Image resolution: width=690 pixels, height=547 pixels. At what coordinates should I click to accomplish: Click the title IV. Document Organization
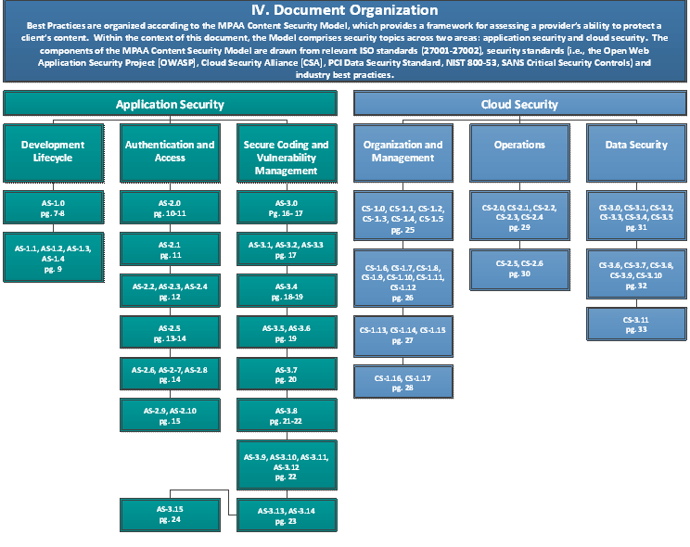pos(345,11)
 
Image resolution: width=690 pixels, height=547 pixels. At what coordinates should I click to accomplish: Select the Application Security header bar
pos(170,105)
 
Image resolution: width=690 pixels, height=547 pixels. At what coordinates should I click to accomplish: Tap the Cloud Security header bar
pos(519,105)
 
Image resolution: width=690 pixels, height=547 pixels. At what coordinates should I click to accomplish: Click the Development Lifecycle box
pos(53,150)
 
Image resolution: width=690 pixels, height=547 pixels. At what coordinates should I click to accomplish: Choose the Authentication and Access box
pos(170,150)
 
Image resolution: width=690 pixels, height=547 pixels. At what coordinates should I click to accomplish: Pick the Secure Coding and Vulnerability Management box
pos(286,157)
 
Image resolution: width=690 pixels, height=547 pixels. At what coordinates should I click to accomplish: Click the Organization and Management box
pos(402,150)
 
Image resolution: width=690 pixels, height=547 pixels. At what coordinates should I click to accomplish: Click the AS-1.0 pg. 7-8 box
pos(53,208)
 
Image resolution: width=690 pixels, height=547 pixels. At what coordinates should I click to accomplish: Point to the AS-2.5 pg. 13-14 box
pos(170,332)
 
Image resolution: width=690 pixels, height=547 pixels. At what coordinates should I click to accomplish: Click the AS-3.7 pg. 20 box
pos(286,375)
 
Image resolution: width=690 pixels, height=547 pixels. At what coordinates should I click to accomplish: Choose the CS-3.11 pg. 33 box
pos(637,324)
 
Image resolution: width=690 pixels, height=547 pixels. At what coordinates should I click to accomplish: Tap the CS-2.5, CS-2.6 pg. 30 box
pos(519,269)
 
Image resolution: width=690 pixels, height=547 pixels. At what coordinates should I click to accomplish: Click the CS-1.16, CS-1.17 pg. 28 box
pos(402,382)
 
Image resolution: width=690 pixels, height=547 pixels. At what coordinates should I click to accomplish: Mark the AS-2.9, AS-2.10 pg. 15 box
pos(170,414)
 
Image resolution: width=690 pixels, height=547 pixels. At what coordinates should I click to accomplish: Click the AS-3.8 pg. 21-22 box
pos(286,415)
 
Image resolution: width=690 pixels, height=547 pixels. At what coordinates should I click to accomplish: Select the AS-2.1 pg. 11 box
pos(170,249)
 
